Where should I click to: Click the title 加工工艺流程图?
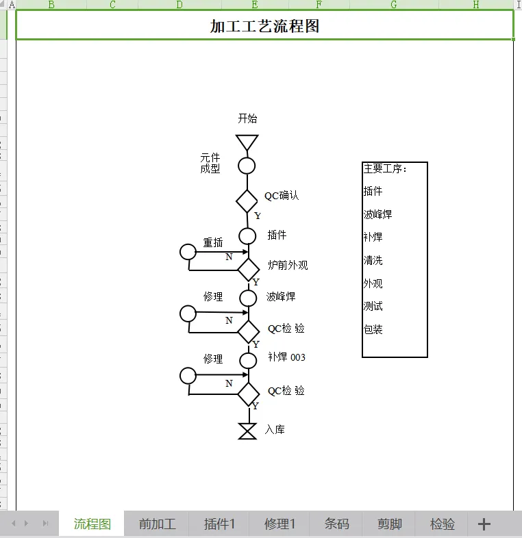click(264, 27)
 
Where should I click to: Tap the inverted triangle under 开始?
click(247, 142)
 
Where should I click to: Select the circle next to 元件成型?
click(247, 166)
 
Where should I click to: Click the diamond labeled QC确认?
click(247, 201)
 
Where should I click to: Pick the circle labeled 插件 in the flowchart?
click(247, 235)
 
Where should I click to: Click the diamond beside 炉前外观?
click(248, 268)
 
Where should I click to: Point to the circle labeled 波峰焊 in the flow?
click(248, 298)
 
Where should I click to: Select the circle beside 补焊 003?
click(248, 360)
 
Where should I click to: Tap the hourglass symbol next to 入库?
click(247, 431)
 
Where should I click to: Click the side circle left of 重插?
click(188, 251)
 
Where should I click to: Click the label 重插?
click(213, 242)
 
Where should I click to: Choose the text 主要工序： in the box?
click(385, 169)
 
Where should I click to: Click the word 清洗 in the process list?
click(373, 261)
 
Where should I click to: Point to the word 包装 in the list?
click(373, 329)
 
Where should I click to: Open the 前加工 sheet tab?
click(157, 524)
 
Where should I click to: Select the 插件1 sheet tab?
click(219, 524)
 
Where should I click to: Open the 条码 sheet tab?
click(336, 524)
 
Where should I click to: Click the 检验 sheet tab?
click(443, 524)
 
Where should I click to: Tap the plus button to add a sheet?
click(484, 524)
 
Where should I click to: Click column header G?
click(394, 5)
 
